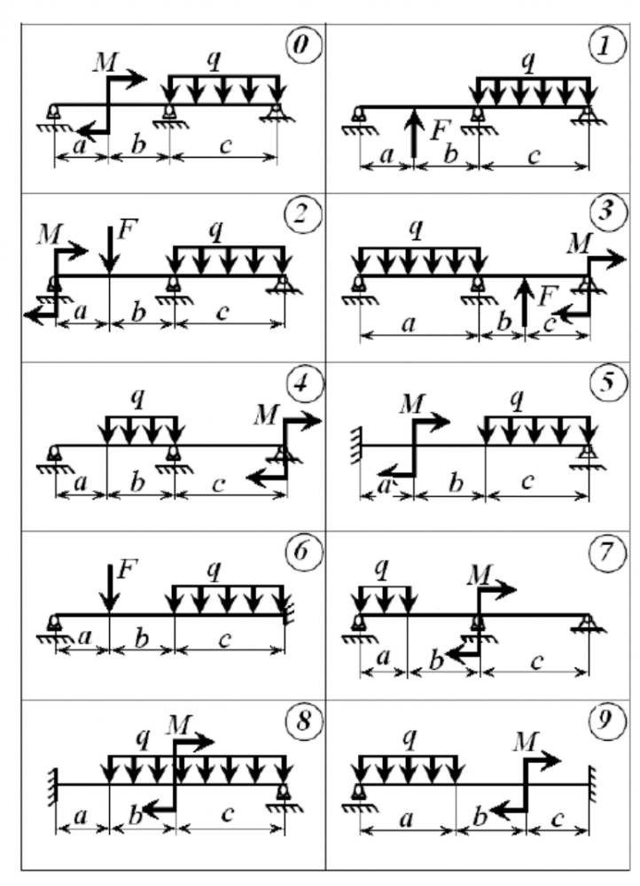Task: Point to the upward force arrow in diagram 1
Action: [x=414, y=133]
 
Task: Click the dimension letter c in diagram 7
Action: [x=535, y=660]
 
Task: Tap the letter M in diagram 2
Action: [x=48, y=233]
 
